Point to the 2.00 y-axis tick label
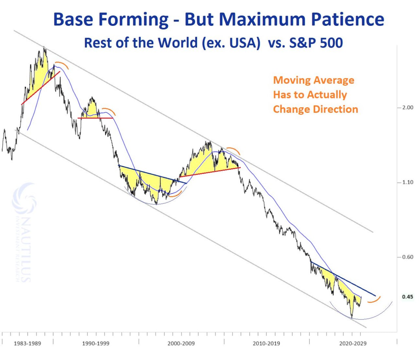click(x=407, y=107)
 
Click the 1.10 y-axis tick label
click(x=407, y=182)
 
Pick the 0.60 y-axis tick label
click(x=407, y=257)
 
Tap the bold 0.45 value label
click(x=408, y=297)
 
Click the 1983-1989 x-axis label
click(x=27, y=343)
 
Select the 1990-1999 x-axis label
click(x=96, y=343)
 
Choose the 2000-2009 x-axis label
click(x=181, y=343)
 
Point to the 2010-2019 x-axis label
click(x=266, y=343)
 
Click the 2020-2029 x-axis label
click(x=353, y=343)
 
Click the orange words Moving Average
click(x=314, y=80)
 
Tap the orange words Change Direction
click(x=316, y=109)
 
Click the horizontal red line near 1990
click(x=95, y=118)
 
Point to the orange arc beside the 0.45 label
click(x=374, y=300)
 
